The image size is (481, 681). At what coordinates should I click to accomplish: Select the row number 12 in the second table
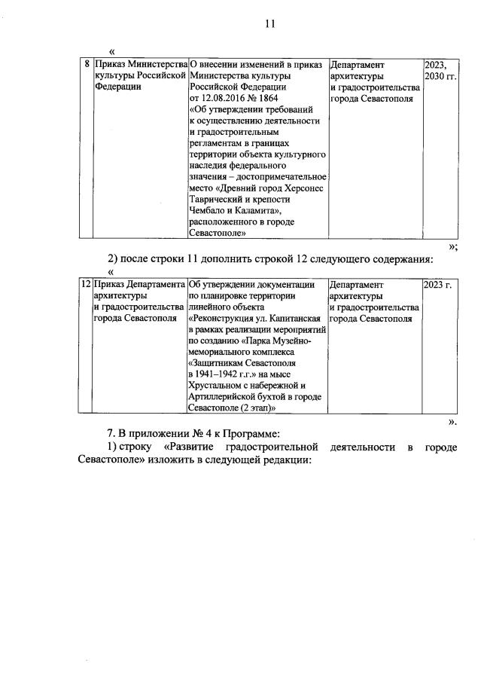[x=85, y=285]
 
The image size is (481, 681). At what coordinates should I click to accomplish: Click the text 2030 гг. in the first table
[x=440, y=76]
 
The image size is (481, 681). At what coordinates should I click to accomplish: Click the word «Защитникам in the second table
[x=216, y=363]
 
